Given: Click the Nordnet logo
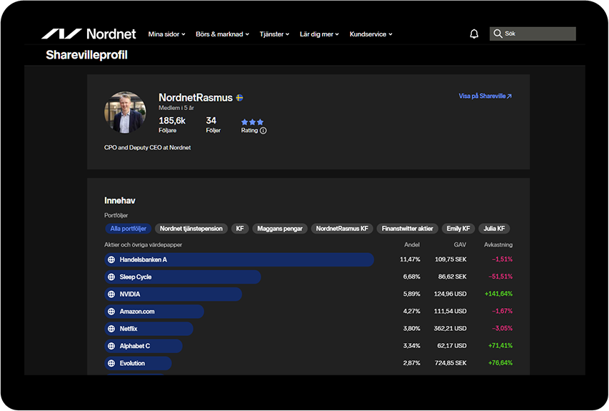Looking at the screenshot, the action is pyautogui.click(x=89, y=34).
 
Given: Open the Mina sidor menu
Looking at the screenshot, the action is pyautogui.click(x=166, y=34).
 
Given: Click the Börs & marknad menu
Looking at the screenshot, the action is pyautogui.click(x=222, y=34).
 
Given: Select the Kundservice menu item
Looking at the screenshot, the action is pyautogui.click(x=371, y=34).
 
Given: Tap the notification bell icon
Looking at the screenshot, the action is pyautogui.click(x=474, y=34).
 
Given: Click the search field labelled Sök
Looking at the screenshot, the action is pyautogui.click(x=533, y=34).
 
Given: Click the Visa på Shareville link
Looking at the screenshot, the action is pyautogui.click(x=485, y=96).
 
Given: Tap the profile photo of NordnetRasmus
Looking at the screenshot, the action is pyautogui.click(x=125, y=112).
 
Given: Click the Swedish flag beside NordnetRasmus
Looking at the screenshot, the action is pyautogui.click(x=239, y=98).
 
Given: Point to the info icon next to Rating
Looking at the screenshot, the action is pyautogui.click(x=263, y=131).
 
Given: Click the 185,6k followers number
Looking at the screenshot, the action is pyautogui.click(x=172, y=121).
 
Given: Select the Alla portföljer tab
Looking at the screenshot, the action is pyautogui.click(x=129, y=229).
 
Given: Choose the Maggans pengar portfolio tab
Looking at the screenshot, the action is pyautogui.click(x=280, y=229).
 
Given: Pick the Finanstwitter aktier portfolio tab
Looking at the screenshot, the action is pyautogui.click(x=407, y=229).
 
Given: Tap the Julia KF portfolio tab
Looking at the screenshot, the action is pyautogui.click(x=494, y=229).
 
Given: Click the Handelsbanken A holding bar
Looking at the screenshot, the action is pyautogui.click(x=239, y=259).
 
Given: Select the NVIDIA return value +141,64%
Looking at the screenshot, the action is pyautogui.click(x=498, y=294).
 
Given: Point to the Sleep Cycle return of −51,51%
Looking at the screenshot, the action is pyautogui.click(x=500, y=277).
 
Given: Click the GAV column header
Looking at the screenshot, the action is pyautogui.click(x=460, y=244).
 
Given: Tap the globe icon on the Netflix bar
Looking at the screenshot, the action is pyautogui.click(x=111, y=329).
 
